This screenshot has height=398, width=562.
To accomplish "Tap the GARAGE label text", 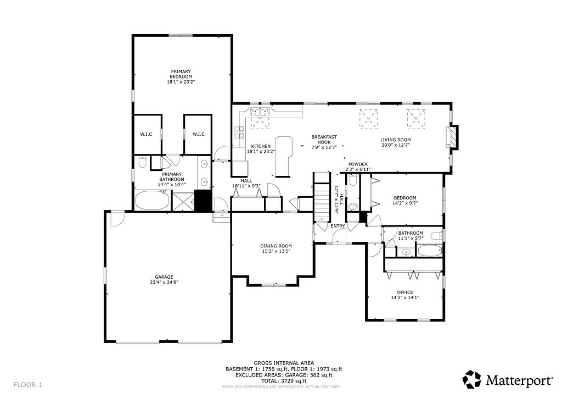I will click(164, 277).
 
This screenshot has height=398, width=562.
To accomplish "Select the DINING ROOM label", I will click(276, 246).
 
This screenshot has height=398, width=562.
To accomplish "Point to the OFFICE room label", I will click(405, 292).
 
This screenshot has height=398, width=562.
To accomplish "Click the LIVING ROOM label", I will click(395, 140).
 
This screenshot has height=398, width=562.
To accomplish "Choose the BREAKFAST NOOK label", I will click(324, 139).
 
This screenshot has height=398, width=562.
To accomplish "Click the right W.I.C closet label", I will click(198, 134).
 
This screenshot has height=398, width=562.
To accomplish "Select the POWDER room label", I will click(357, 164).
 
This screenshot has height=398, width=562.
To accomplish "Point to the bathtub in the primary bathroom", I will click(151, 201).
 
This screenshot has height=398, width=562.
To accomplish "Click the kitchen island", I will click(283, 156).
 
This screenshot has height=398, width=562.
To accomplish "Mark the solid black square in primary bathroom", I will click(203, 201).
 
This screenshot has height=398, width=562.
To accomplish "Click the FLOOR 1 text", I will click(27, 384).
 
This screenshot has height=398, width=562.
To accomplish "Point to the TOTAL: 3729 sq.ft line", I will click(284, 380).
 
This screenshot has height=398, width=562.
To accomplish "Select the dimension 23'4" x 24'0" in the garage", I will click(164, 282).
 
